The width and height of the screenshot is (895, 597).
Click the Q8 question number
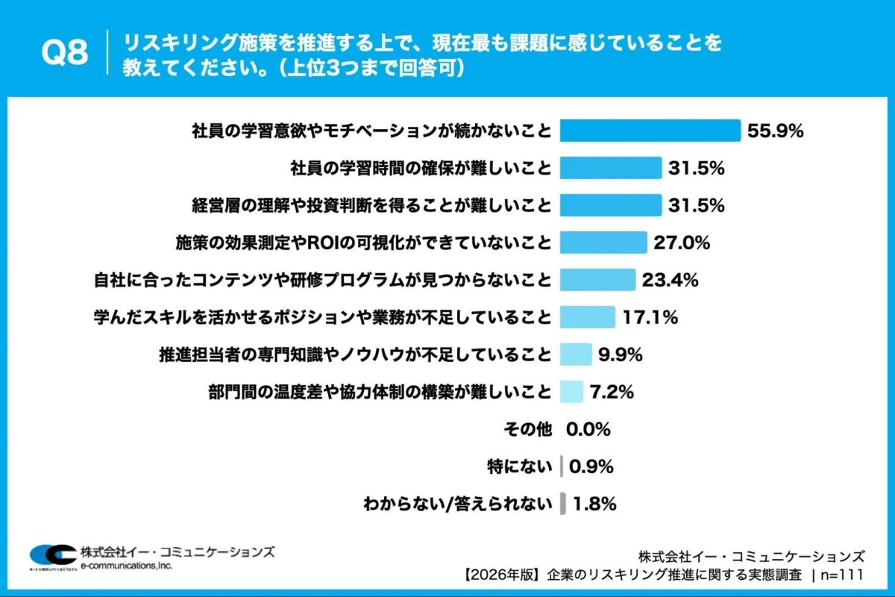pos(64,53)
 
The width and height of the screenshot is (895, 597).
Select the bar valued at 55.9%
pos(650,131)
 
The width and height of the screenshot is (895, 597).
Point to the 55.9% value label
pos(775,131)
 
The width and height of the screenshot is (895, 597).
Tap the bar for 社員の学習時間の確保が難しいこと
pos(611,168)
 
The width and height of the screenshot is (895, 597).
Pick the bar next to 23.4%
pos(597,280)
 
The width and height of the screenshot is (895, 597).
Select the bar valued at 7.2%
pos(571,392)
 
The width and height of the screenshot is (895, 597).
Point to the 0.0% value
pos(588,429)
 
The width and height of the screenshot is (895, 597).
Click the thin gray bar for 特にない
pos(562,466)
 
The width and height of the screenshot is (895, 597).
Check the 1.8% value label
pos(594,504)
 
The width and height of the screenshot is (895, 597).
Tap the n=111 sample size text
pos(841,575)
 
